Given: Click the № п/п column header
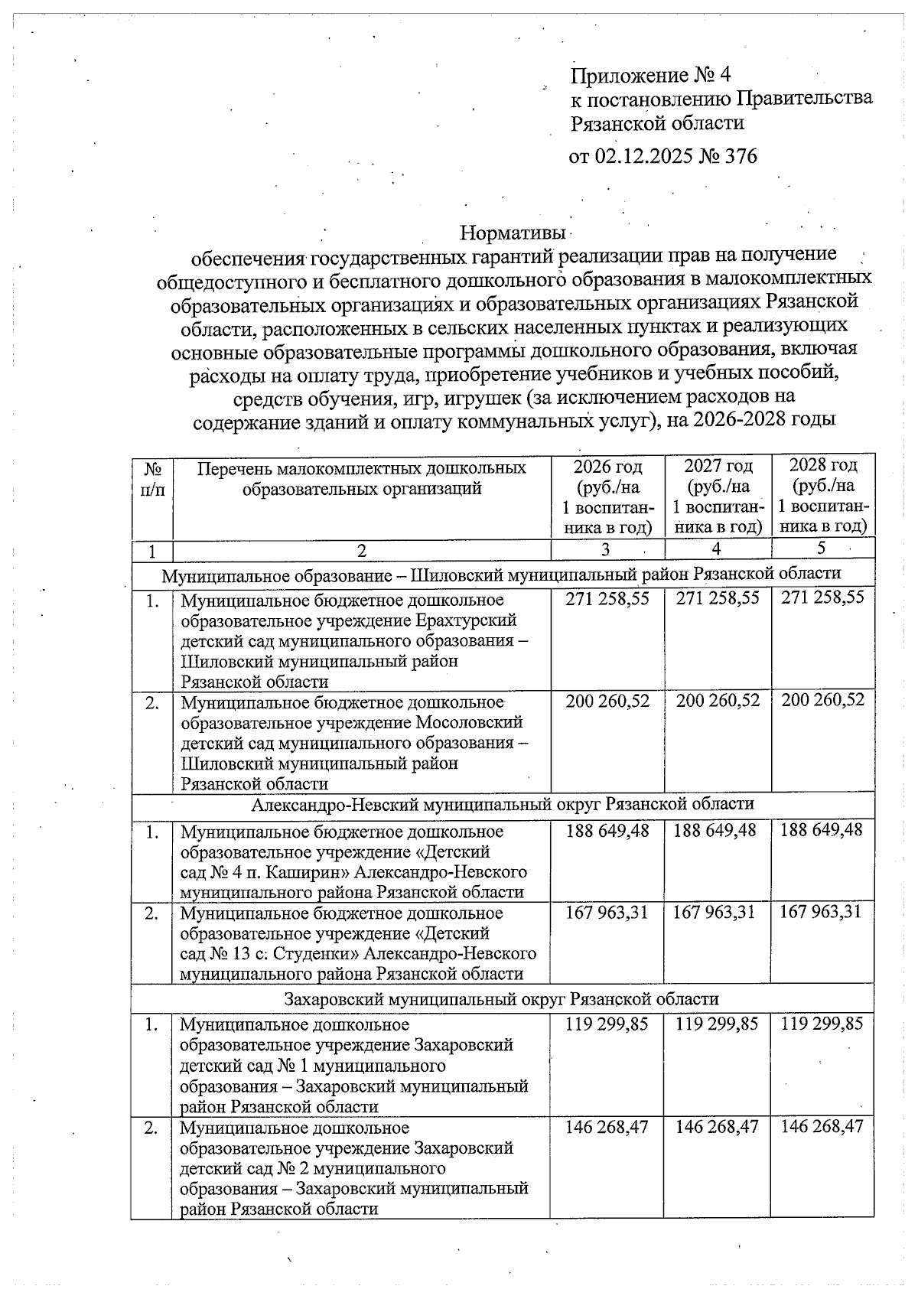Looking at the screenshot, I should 152,477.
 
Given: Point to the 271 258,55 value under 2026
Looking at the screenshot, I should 607,598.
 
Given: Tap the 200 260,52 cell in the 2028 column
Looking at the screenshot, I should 822,700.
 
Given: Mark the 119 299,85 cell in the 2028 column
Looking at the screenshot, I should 822,1024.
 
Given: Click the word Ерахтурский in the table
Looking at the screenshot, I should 467,620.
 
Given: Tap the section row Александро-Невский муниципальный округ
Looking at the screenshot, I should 502,804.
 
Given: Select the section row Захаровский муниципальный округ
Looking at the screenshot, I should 501,999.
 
